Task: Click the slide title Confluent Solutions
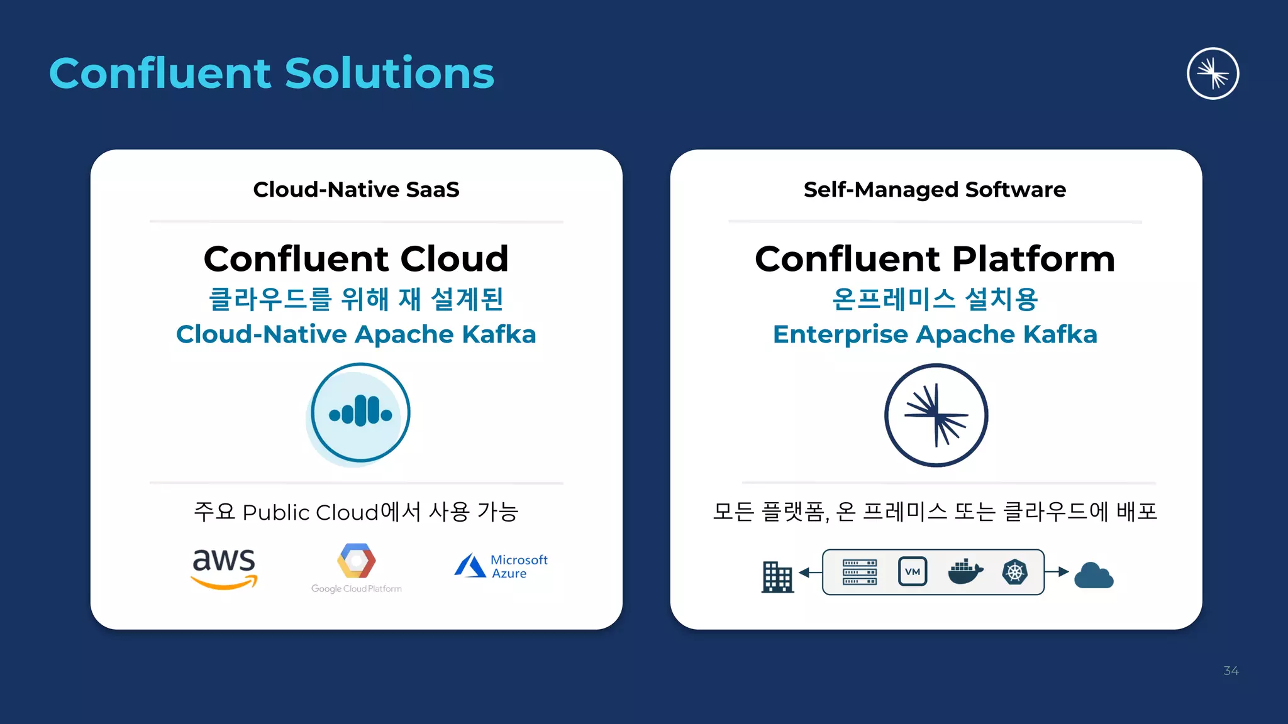272,74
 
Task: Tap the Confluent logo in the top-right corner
1213,74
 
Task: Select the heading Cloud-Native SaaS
356,189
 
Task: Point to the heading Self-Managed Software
935,189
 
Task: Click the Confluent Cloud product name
356,258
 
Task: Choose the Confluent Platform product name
935,258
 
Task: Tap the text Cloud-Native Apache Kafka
356,334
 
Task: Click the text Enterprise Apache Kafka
935,334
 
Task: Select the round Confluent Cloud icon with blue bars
360,414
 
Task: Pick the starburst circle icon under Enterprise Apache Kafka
936,415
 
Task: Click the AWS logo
224,568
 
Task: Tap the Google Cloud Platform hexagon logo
357,561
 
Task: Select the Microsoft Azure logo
501,566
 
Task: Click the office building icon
777,576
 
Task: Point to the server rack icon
859,572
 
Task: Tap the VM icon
912,572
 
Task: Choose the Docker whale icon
965,572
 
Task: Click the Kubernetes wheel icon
1014,572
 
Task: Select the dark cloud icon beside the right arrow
1094,575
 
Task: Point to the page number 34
1231,671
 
